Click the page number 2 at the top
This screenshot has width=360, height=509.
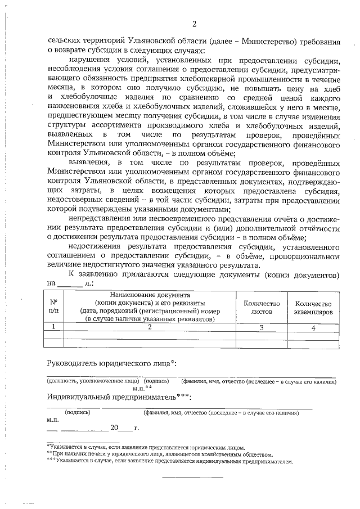coord(195,24)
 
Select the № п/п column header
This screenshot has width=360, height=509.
coord(53,307)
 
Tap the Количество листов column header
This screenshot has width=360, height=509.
coord(261,307)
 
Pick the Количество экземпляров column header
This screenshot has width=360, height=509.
coord(313,307)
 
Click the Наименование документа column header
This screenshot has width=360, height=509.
coord(150,307)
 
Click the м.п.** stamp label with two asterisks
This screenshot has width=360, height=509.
coord(142,388)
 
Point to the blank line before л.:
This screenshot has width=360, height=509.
coord(70,284)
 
